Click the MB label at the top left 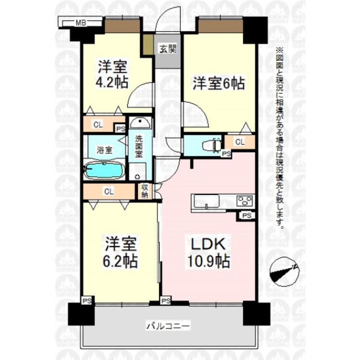click(80, 22)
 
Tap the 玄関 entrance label click(168, 48)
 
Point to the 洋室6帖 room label click(219, 84)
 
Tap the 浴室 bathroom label click(105, 150)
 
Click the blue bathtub click(104, 170)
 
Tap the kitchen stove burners click(244, 200)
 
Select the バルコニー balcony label click(168, 326)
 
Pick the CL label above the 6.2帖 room click(109, 191)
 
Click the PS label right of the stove click(247, 216)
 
